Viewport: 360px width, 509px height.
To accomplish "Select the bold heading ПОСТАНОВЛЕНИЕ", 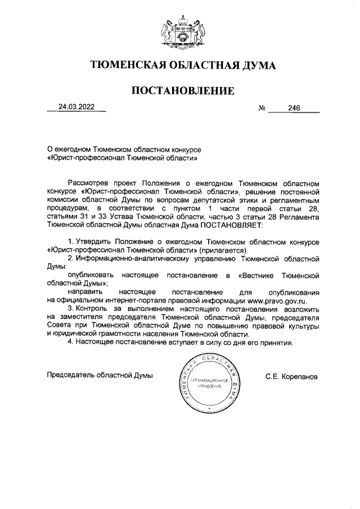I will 183,91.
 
